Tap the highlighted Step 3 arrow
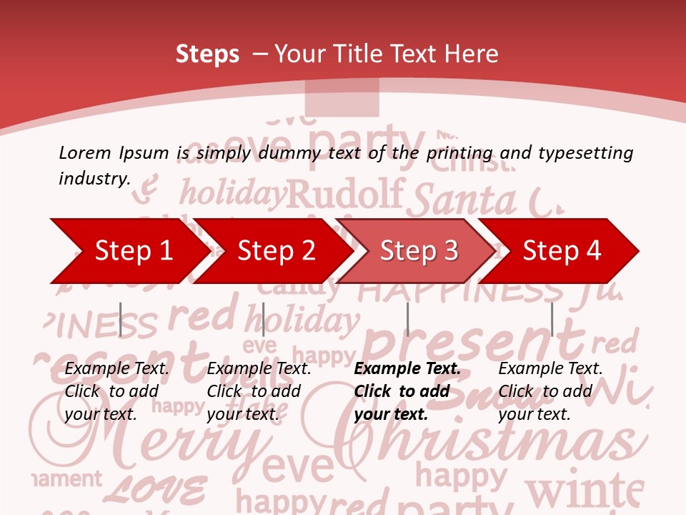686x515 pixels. click(418, 251)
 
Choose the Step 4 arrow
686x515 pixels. click(561, 251)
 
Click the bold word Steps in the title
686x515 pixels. click(207, 54)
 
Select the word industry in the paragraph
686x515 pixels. click(94, 178)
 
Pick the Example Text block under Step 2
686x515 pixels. click(259, 391)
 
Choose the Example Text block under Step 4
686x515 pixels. click(550, 391)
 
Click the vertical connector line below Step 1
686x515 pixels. click(120, 319)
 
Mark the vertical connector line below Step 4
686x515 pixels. click(552, 319)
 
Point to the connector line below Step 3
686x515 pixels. click(407, 319)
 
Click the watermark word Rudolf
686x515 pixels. click(347, 193)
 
